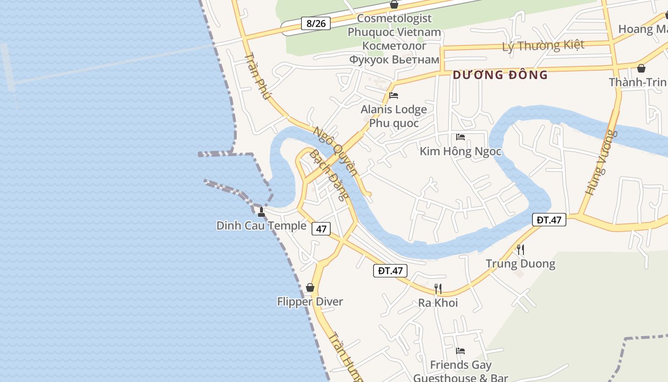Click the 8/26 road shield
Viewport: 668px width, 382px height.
316,23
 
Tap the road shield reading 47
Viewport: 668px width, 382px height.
321,229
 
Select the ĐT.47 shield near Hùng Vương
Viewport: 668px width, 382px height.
549,220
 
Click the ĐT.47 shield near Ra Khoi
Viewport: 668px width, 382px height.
391,271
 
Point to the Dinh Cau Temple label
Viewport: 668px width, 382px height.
261,226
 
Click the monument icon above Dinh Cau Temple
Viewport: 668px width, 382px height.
261,212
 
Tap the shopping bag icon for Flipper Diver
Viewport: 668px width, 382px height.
310,287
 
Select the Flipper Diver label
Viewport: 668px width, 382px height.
310,302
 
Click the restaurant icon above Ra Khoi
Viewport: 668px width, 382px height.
438,288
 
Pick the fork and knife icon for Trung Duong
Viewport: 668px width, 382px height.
521,249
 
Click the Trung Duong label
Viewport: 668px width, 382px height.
521,264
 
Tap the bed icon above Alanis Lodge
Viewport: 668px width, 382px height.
394,95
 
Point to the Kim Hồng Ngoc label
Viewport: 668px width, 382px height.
460,151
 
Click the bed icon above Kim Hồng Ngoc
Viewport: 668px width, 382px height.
460,137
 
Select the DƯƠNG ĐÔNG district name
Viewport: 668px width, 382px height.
500,75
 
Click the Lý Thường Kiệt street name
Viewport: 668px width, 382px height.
543,46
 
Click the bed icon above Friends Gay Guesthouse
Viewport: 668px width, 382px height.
460,351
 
